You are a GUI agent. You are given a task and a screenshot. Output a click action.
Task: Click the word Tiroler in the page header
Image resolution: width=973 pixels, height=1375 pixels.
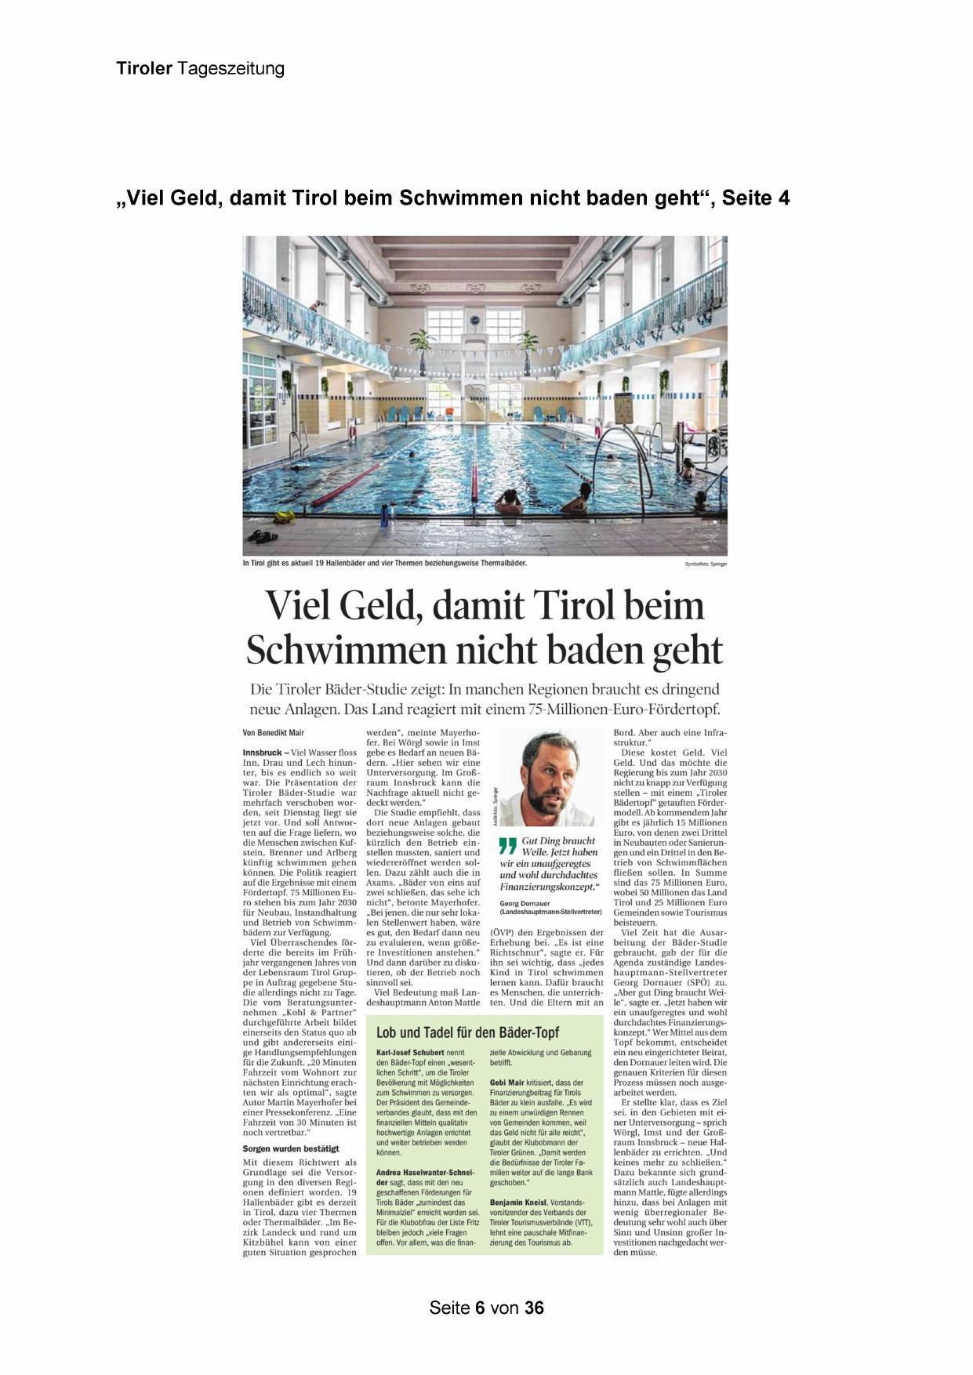(x=144, y=68)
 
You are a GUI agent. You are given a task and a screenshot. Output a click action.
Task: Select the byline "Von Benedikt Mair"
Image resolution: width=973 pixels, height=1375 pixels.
(x=274, y=733)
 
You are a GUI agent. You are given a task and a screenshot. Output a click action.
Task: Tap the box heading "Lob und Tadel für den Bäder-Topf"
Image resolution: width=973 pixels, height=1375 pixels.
(x=467, y=1032)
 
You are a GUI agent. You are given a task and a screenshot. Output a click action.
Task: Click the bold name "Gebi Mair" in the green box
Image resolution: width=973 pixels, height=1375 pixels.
(x=506, y=1082)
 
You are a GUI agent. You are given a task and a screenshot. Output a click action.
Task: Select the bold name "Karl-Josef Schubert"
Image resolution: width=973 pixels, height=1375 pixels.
(x=410, y=1052)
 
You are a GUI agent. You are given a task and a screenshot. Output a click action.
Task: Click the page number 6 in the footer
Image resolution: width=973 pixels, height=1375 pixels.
(x=479, y=1307)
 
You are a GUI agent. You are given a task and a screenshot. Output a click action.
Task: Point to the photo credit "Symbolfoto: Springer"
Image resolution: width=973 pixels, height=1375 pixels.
(x=706, y=564)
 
